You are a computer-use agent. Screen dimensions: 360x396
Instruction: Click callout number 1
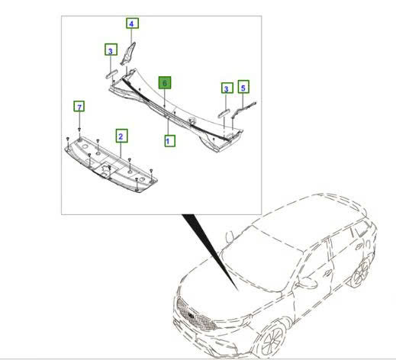tap(169, 140)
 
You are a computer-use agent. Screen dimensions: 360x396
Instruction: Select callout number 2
tap(121, 136)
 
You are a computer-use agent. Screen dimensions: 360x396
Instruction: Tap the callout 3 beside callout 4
tap(111, 50)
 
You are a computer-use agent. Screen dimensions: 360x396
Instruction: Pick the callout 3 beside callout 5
tap(227, 89)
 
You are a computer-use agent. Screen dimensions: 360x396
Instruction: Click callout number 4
tap(132, 24)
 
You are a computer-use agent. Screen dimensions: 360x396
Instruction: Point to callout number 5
tap(244, 87)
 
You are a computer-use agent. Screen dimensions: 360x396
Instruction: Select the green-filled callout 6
tap(164, 80)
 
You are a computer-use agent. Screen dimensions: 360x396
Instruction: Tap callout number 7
tap(79, 105)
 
